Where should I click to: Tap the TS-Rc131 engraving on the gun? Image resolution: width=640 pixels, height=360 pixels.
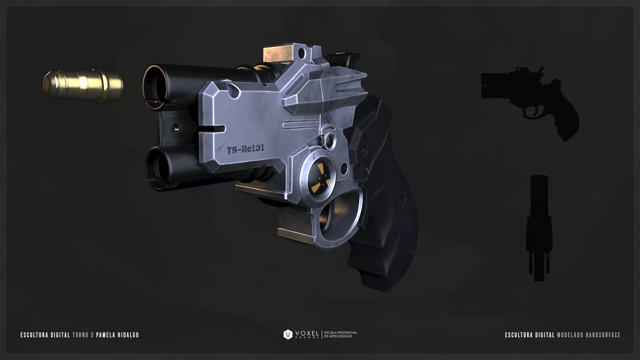246,149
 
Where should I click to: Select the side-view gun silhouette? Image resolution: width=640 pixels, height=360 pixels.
530,100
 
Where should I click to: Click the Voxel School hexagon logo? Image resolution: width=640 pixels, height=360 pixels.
288,334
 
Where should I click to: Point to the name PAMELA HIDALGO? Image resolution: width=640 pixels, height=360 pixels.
117,335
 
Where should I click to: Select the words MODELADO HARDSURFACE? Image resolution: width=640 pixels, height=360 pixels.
589,335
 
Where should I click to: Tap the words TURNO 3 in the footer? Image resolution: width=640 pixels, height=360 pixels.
83,335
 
